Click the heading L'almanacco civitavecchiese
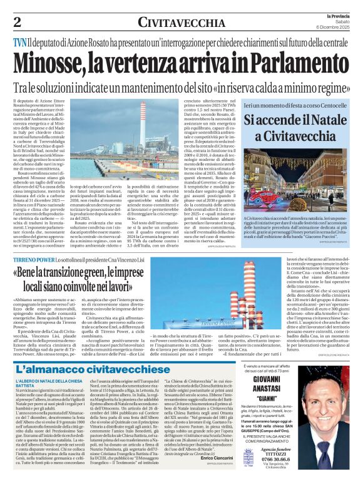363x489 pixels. click(100, 369)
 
